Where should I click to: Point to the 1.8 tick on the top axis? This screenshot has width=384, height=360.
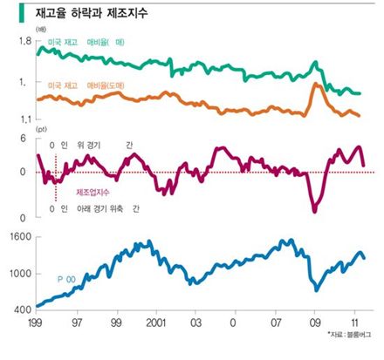(23, 41)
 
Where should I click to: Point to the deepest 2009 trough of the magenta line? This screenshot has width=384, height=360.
(314, 210)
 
